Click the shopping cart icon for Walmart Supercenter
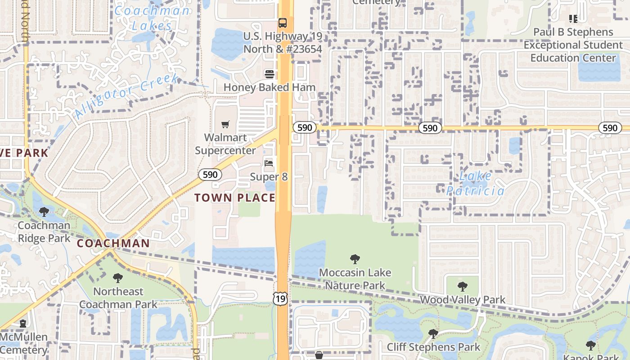tap(225, 124)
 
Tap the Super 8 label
tap(269, 177)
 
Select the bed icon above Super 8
tap(269, 163)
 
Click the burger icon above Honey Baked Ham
tap(270, 74)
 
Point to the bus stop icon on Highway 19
tap(283, 22)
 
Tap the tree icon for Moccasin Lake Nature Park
tap(355, 259)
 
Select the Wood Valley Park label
tap(462, 300)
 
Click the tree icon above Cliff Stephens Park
tap(433, 334)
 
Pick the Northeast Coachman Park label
tap(118, 298)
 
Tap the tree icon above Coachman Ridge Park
tap(44, 211)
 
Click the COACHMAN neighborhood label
tap(113, 243)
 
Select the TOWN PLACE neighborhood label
tap(234, 198)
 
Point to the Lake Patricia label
tap(476, 184)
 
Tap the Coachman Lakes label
tap(152, 18)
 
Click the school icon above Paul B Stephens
tap(573, 19)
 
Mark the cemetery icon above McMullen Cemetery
tap(23, 324)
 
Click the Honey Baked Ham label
tap(269, 87)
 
